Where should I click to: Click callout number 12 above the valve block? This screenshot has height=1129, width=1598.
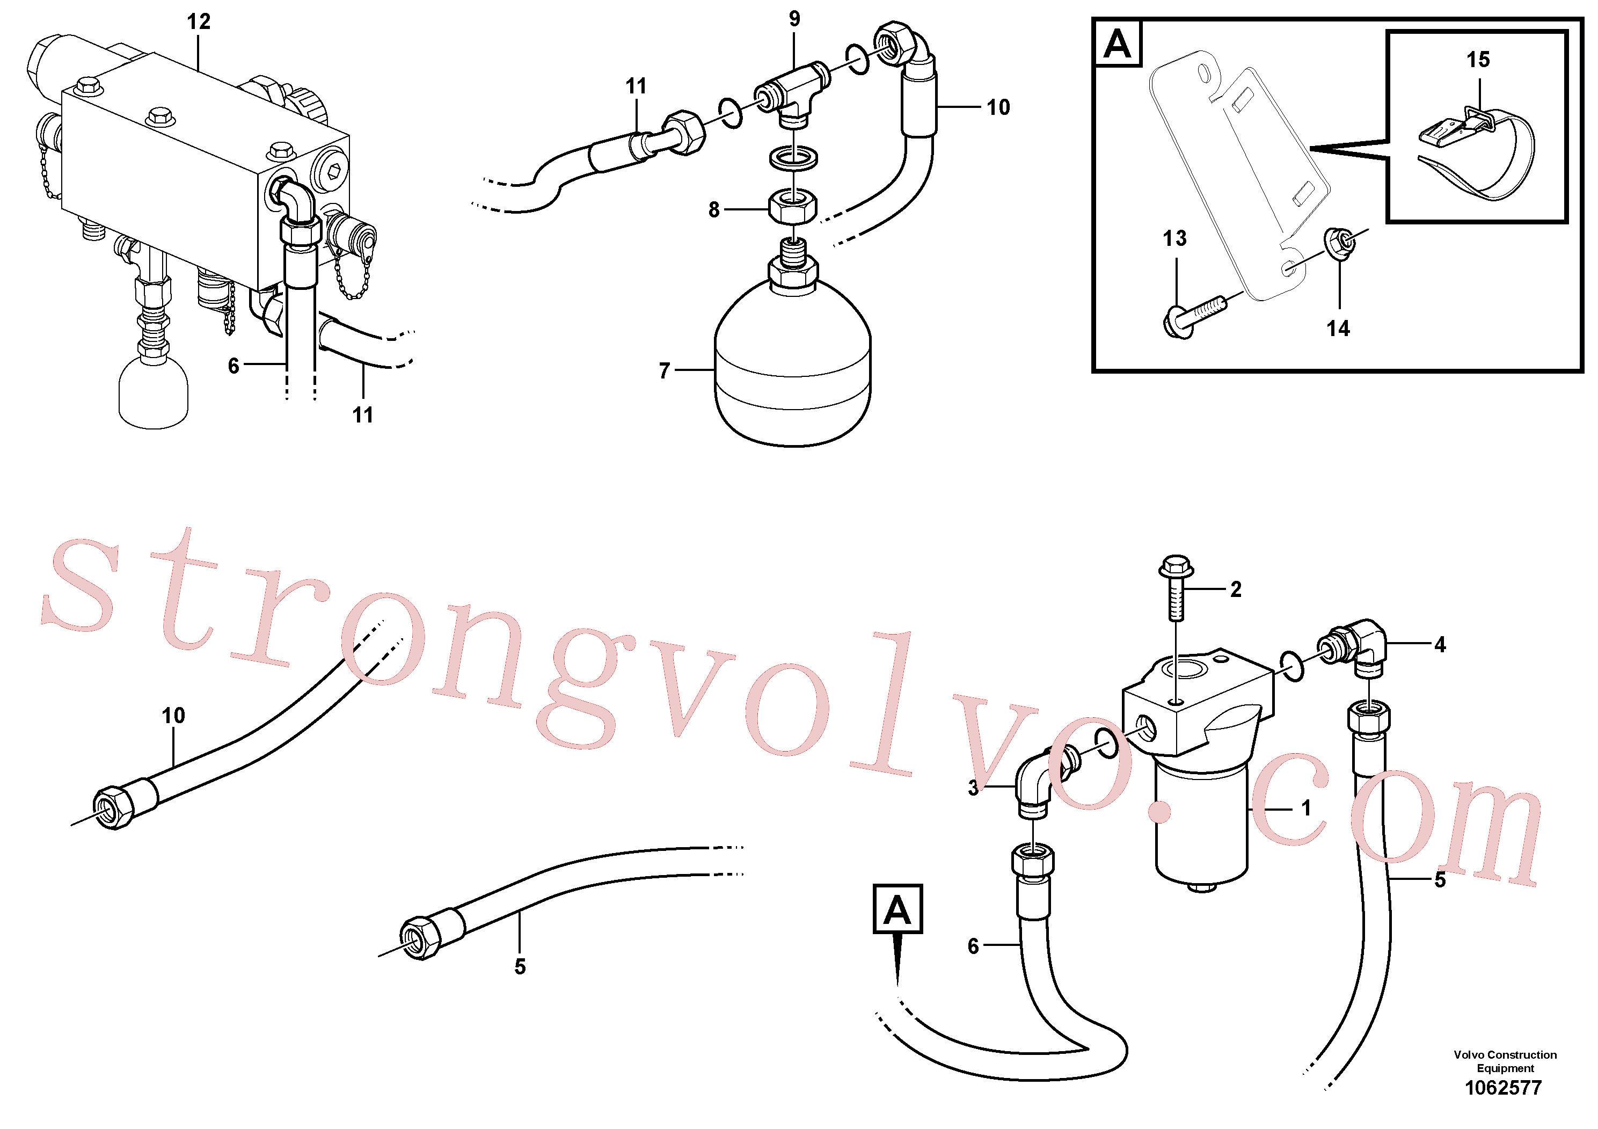coord(199,21)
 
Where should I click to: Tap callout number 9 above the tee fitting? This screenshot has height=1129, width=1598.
coord(794,19)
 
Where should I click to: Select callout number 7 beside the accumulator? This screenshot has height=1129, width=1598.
coord(665,370)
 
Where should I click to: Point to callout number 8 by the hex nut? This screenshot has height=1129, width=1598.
coord(714,209)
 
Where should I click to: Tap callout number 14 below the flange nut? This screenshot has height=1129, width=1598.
coord(1338,329)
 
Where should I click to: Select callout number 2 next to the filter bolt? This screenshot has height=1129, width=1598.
coord(1235,589)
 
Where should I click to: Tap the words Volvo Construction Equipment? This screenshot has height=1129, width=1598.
coord(1505,1061)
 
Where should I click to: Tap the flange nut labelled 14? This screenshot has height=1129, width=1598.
coord(1340,243)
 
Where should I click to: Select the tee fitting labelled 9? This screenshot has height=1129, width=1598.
coord(793,94)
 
